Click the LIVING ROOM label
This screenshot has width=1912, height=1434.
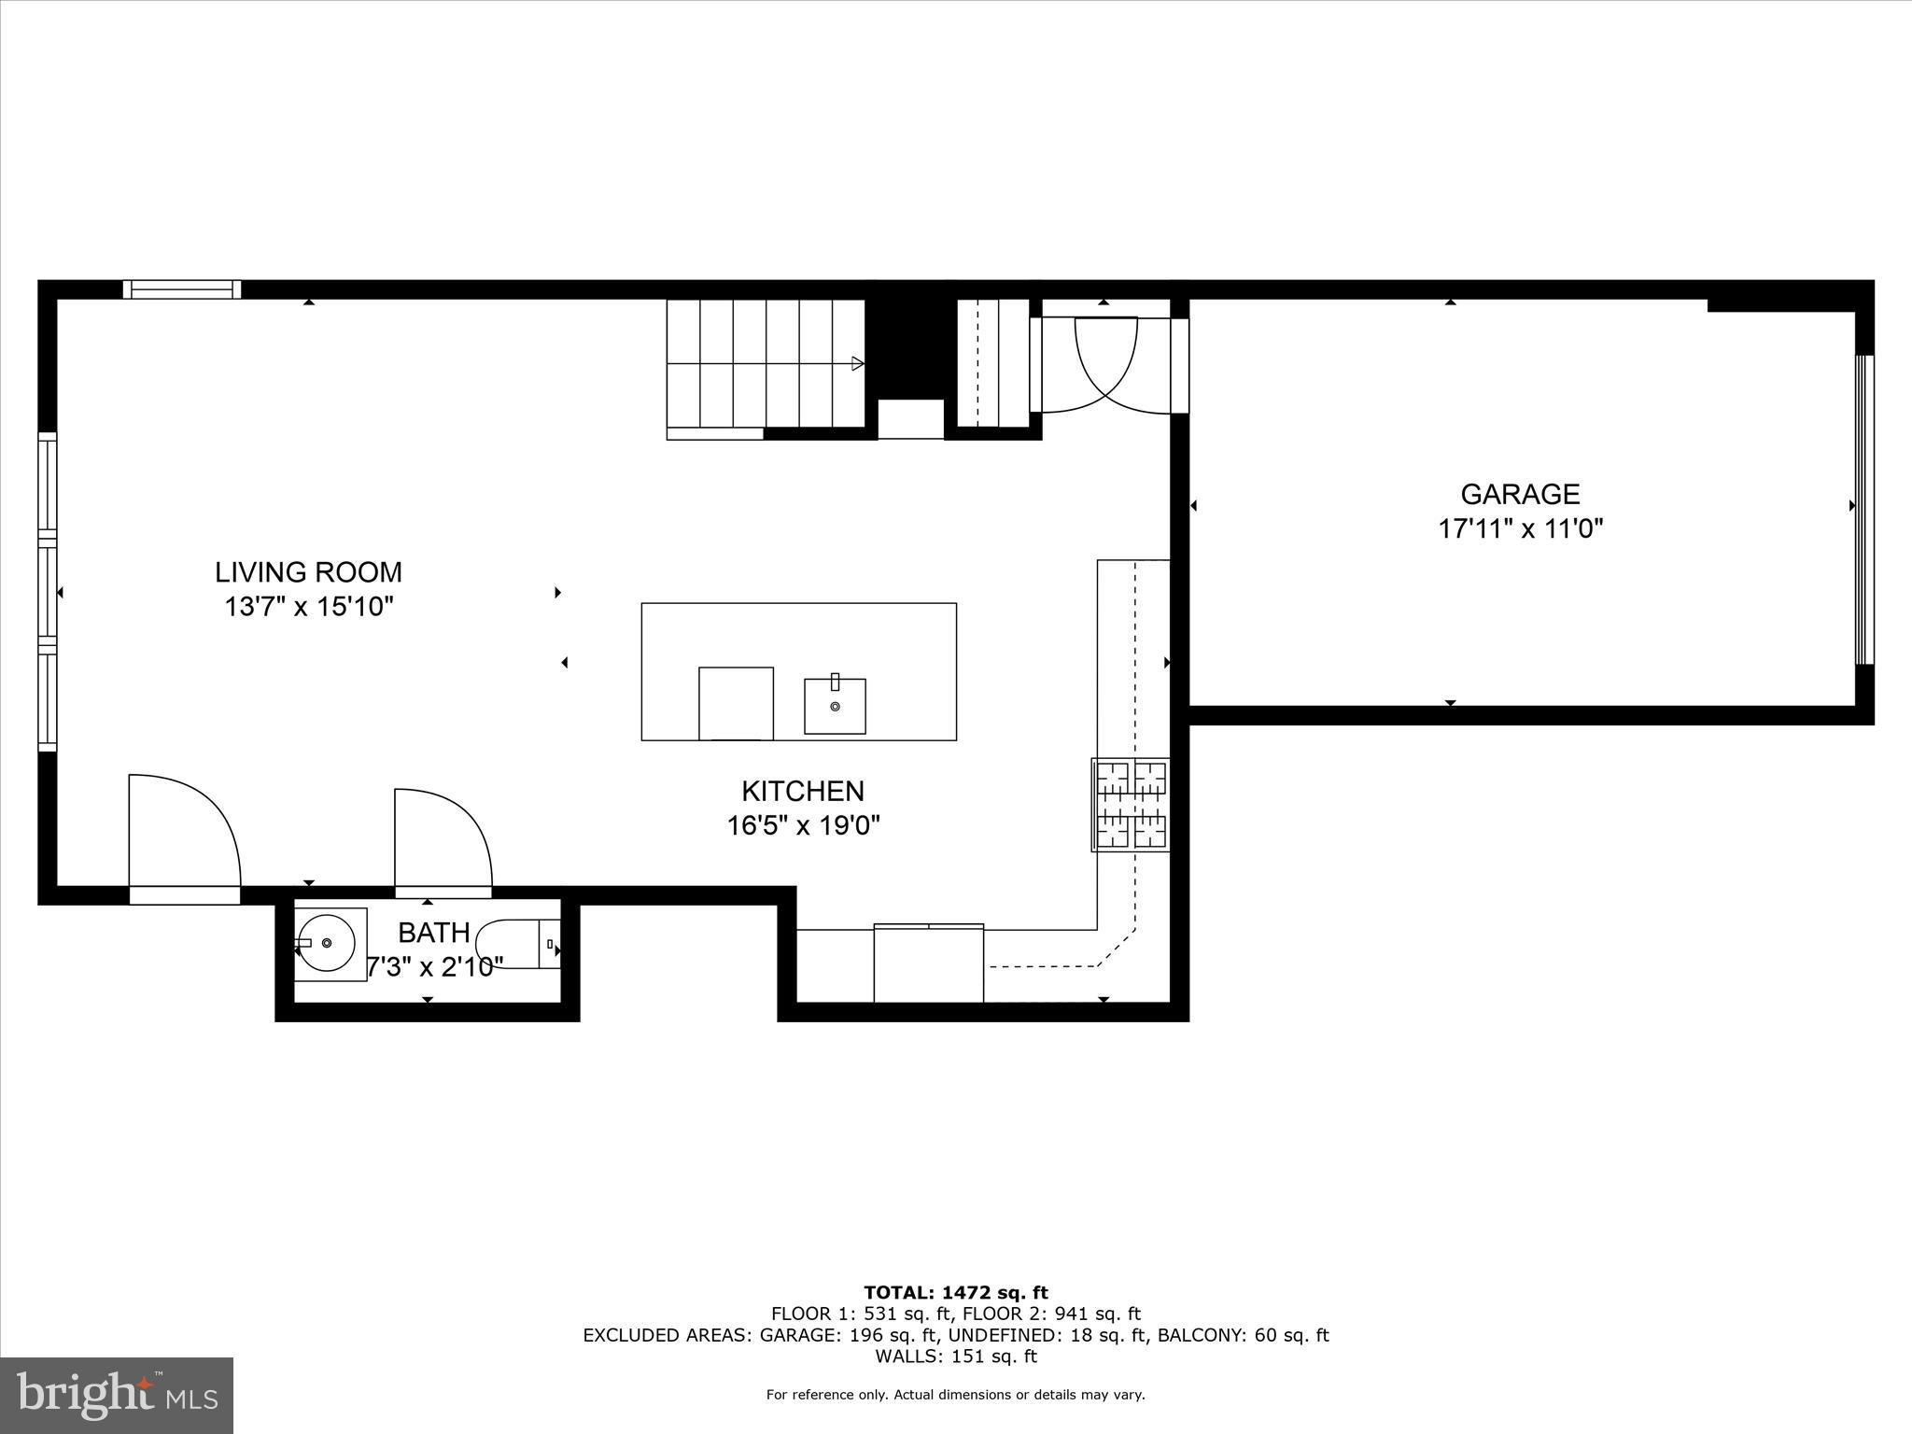(x=308, y=571)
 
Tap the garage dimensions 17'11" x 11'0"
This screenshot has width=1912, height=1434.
(x=1520, y=529)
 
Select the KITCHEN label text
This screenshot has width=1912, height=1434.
(x=803, y=791)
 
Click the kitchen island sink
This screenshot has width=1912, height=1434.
(x=835, y=706)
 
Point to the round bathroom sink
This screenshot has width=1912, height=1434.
(x=326, y=943)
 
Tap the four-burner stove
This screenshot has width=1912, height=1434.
(x=1132, y=804)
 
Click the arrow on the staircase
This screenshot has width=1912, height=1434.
(x=857, y=364)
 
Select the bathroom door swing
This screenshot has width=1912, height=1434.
(x=443, y=840)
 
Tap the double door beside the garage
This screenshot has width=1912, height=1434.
(x=1106, y=364)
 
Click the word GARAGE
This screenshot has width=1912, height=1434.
(x=1520, y=494)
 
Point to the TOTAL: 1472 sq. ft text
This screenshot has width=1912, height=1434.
(x=955, y=1293)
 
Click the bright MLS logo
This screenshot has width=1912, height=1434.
(x=117, y=1395)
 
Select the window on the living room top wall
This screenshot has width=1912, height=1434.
(x=182, y=289)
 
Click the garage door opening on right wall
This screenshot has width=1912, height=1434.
(x=1863, y=509)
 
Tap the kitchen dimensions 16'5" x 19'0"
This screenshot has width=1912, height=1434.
(x=803, y=825)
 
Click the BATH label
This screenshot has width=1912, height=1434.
(x=433, y=932)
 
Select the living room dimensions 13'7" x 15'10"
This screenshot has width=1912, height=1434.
(x=308, y=607)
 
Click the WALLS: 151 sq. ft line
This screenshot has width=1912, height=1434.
(x=955, y=1357)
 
